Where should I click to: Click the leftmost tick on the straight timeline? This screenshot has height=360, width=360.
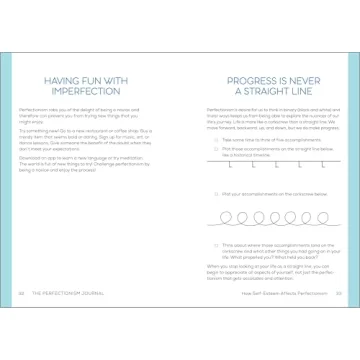click(231, 165)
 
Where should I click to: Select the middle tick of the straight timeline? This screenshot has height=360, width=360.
click(275, 165)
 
